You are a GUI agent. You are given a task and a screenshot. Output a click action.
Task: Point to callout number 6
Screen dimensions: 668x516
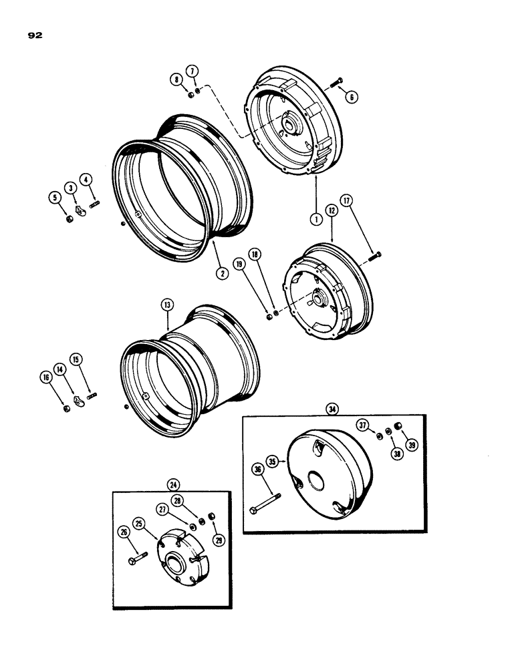(353, 96)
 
